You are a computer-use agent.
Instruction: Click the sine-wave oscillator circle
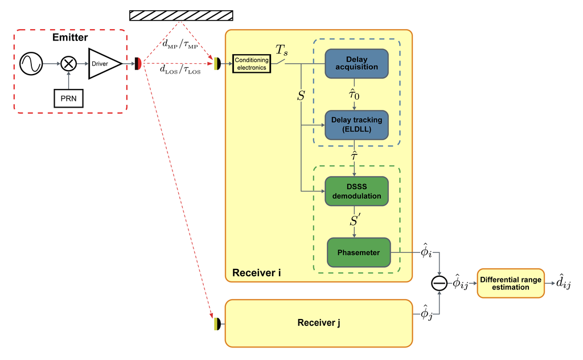point(31,64)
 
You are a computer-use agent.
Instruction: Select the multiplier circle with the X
point(68,64)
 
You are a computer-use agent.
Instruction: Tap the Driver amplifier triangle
point(105,64)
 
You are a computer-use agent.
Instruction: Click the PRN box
point(68,99)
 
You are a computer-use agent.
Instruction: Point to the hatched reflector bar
point(181,15)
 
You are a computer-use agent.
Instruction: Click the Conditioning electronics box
point(252,64)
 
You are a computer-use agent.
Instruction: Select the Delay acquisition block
point(356,64)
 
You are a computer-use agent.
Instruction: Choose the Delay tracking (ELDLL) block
point(356,125)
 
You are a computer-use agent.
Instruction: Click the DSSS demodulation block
point(356,191)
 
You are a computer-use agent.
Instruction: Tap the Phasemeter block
point(359,252)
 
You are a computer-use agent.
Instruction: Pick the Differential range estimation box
point(511,284)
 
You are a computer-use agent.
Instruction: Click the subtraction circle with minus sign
point(439,284)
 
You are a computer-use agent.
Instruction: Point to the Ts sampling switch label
point(281,50)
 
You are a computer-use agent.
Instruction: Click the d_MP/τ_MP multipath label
point(180,44)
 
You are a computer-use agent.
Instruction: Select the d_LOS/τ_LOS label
point(180,69)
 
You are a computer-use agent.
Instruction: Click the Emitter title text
point(70,38)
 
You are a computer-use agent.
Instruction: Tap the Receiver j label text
point(319,323)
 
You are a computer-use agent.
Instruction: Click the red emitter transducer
point(138,64)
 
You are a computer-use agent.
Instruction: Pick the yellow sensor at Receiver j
point(217,324)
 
